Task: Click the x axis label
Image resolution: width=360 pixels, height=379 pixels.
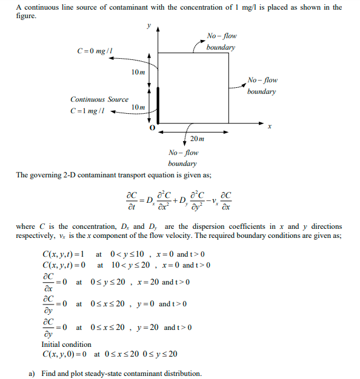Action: coord(269,127)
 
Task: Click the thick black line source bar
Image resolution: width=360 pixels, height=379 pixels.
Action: coord(158,105)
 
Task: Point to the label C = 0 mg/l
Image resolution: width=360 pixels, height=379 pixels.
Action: coord(95,51)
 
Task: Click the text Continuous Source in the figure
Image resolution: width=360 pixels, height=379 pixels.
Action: coord(99,99)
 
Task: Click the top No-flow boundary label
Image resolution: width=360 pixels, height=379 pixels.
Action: coord(221,41)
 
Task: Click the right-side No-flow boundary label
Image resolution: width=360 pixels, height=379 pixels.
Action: coord(262,85)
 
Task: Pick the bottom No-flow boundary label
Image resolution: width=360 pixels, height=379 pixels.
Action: coord(183,158)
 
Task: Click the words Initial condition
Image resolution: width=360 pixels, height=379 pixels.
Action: coord(66,344)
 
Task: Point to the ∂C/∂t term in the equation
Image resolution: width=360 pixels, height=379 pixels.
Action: coord(130,200)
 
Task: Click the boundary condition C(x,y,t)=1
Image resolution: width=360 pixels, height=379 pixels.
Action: coord(63,254)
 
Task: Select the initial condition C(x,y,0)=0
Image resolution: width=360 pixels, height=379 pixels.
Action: coord(64,354)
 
